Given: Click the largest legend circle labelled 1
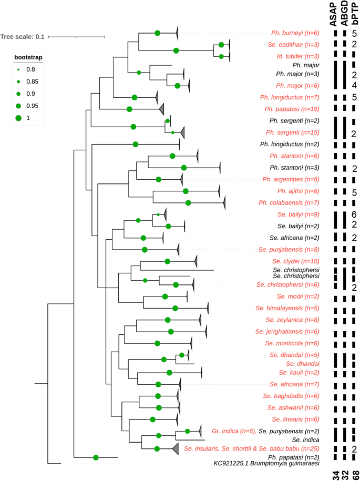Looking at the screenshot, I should pos(18,118).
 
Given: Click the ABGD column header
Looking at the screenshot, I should pos(345,16).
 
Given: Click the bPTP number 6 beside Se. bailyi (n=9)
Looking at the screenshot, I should pos(355,214).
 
